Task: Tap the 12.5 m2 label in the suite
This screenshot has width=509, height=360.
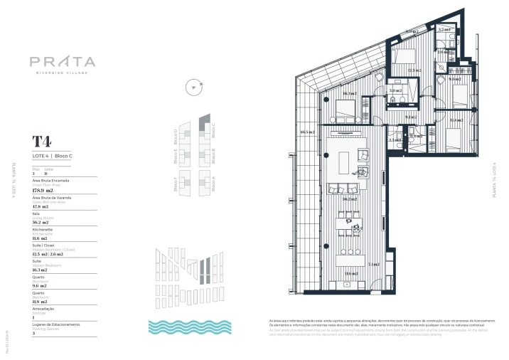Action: [414, 70]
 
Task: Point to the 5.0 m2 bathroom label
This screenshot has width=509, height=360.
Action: [395, 90]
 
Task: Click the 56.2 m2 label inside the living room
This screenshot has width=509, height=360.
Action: [349, 199]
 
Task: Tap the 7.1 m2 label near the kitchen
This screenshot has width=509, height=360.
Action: [374, 263]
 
